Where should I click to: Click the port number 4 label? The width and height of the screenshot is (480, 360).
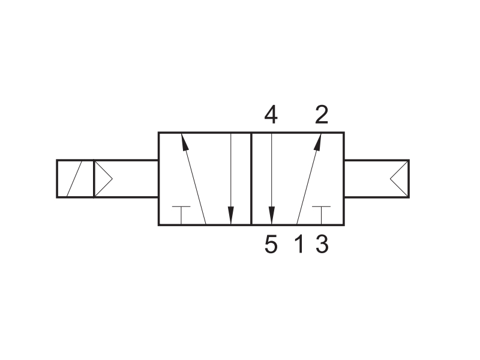tap(271, 115)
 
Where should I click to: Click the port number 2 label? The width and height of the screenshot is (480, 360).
tap(322, 115)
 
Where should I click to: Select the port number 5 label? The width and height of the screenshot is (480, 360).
tap(271, 244)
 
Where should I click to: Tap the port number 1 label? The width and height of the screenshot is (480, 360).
tap(299, 244)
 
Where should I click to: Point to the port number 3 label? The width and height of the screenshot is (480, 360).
tap(322, 244)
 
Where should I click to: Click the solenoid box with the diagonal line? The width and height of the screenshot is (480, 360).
tap(75, 179)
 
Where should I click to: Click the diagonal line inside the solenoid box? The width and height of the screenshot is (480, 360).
tap(74, 179)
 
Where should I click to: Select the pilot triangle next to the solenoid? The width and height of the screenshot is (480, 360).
tap(103, 179)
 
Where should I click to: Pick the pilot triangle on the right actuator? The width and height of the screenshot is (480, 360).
tap(399, 179)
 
